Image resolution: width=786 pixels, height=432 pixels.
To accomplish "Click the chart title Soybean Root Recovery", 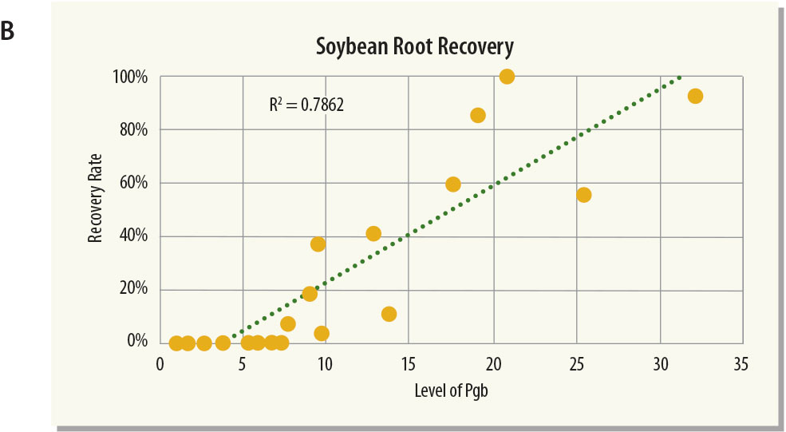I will (x=414, y=46).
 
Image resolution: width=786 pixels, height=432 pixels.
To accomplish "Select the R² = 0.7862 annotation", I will (x=306, y=105).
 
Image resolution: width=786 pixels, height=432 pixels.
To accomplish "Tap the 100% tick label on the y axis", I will (x=131, y=77).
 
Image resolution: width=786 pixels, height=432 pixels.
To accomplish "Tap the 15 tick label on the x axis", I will (x=408, y=364).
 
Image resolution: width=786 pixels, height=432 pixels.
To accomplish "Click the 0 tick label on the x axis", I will (x=160, y=364).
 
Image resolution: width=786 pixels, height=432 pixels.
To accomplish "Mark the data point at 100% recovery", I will (x=507, y=77).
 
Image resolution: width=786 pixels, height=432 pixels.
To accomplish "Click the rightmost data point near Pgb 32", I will (x=695, y=96).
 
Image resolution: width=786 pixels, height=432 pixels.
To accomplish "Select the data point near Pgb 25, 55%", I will (x=583, y=195).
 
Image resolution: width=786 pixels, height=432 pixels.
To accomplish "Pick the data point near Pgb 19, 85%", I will (x=478, y=115).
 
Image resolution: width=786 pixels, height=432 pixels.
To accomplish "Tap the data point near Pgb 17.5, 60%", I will (x=453, y=184).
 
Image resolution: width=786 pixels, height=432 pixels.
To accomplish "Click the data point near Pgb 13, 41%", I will (x=373, y=234).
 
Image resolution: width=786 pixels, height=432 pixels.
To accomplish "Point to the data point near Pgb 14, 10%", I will (x=389, y=314).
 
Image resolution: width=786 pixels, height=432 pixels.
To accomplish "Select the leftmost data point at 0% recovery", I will (x=176, y=343).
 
